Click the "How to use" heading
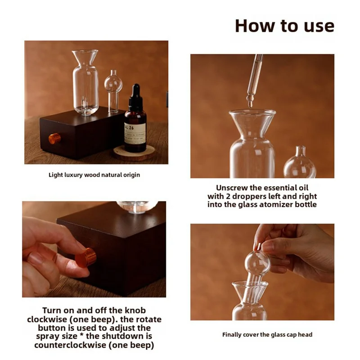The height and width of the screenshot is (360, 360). point(285,26)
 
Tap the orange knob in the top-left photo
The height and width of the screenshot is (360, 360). point(54,139)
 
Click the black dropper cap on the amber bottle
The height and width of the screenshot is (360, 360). point(136,96)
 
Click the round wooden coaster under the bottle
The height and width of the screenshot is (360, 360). point(134,153)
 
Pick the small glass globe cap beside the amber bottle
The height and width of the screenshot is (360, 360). point(113,91)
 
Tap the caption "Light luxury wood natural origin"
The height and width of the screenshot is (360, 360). point(94,175)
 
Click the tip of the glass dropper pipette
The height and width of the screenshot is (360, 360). point(250,106)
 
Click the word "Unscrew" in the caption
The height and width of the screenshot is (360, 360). point(232,188)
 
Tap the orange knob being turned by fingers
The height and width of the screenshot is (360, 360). point(85,257)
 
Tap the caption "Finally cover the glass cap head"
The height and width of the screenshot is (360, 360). point(267,335)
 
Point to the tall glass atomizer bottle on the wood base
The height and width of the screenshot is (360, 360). point(85,82)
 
